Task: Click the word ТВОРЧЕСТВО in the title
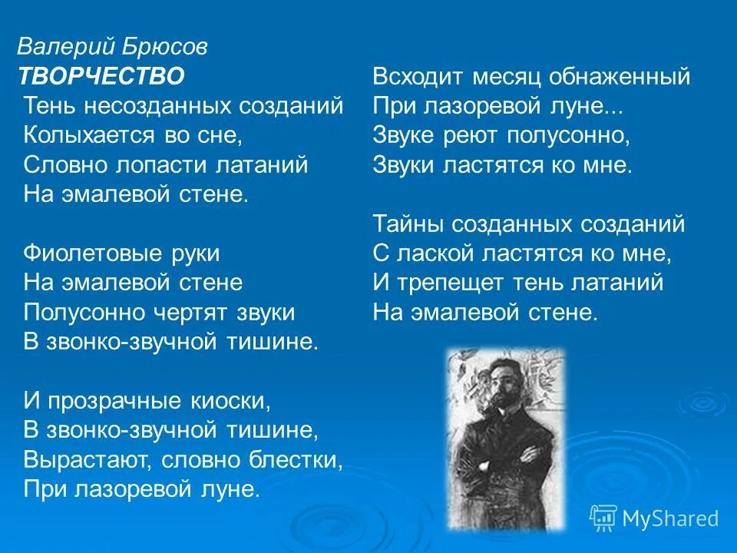click(x=101, y=76)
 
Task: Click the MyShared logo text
click(x=670, y=518)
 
